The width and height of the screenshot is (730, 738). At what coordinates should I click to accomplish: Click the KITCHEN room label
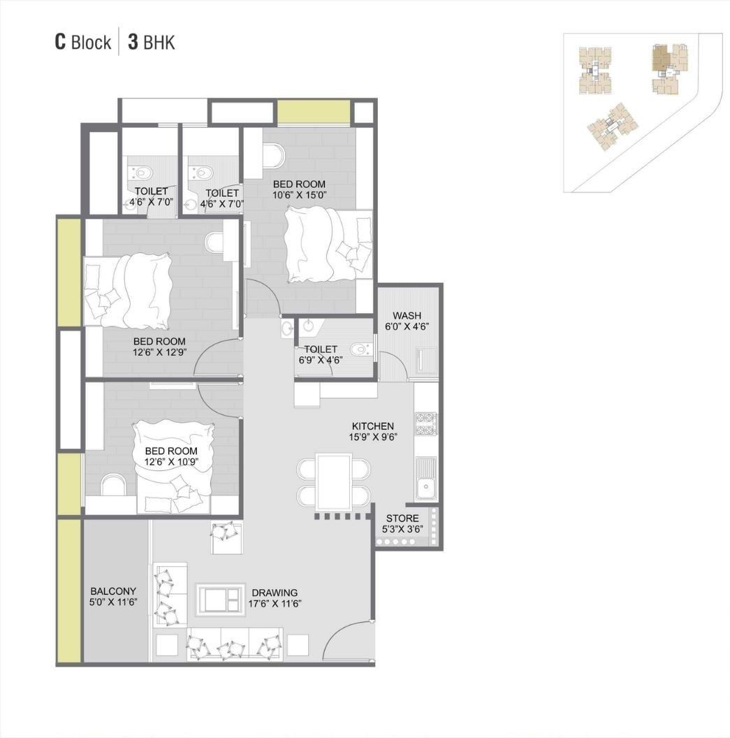(372, 426)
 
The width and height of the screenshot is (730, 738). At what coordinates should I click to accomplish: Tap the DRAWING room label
(275, 593)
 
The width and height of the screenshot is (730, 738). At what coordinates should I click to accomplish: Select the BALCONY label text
(113, 591)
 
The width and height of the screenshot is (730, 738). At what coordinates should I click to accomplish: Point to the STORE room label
(402, 518)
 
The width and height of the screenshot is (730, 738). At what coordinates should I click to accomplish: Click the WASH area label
(407, 315)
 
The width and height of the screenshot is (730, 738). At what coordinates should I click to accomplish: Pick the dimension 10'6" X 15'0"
(299, 195)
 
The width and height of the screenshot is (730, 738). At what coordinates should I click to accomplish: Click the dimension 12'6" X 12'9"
(159, 352)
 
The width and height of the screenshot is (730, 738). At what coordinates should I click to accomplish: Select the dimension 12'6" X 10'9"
(171, 462)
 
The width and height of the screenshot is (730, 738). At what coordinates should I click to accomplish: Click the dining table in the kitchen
(334, 482)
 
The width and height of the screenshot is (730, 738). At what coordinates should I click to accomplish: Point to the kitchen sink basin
(427, 486)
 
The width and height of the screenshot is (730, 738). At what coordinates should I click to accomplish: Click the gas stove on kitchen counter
(425, 424)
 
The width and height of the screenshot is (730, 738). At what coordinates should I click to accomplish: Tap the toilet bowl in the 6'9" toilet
(360, 349)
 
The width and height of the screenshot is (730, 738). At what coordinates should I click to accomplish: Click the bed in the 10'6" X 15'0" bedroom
(328, 245)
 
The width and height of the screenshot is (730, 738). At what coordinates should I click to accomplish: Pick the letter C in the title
(60, 42)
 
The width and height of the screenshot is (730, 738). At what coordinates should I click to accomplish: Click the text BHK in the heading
(159, 43)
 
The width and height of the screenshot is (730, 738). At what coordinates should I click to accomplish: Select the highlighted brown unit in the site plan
(660, 58)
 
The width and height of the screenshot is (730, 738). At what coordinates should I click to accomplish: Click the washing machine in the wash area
(426, 359)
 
